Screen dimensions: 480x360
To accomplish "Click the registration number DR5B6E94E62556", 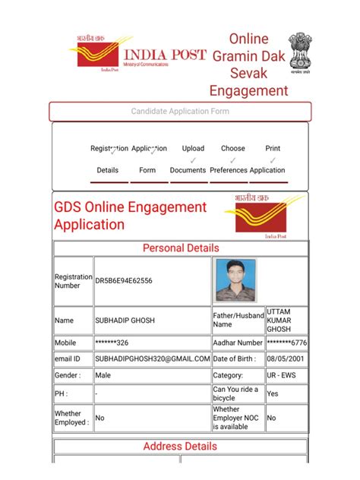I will click(124, 281).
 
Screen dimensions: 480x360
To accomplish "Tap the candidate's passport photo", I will click(235, 280).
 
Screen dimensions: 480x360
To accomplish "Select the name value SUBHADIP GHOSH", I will click(125, 321).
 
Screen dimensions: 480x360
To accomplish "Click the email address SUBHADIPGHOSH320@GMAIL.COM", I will click(152, 358).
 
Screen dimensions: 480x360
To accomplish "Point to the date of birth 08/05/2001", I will click(286, 358).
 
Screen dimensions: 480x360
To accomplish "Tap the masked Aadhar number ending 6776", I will click(286, 343).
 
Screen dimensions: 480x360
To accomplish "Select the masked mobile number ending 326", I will click(115, 343).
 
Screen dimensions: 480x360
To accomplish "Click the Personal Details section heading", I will click(181, 248).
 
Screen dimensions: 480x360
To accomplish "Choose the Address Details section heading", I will click(181, 447).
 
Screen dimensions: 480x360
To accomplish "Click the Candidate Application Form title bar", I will click(180, 112).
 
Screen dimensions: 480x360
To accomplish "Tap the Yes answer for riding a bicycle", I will click(273, 394).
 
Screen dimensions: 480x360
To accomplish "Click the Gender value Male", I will click(103, 375).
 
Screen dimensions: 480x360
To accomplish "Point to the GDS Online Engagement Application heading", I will click(131, 216).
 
